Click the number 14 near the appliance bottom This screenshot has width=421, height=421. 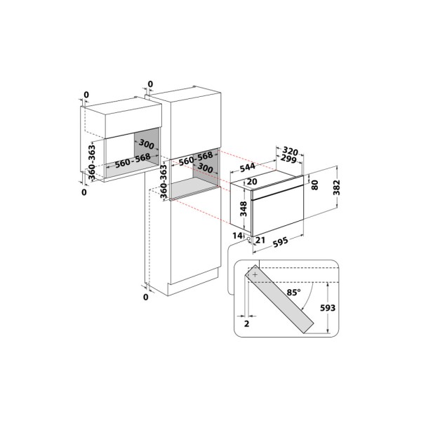coord(237,236)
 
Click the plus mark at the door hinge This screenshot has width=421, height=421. coord(254,276)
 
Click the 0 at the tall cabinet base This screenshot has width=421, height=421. coord(146,298)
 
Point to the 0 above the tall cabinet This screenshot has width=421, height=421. coord(149,84)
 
